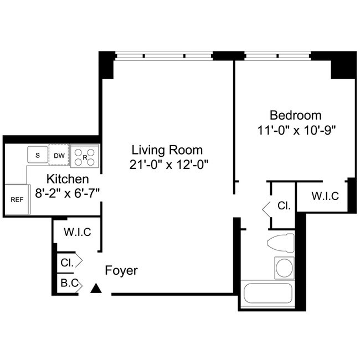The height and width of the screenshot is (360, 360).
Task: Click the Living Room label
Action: (x=167, y=150)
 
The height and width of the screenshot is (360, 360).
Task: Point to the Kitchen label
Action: (x=67, y=179)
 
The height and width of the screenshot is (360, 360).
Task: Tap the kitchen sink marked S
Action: (x=38, y=155)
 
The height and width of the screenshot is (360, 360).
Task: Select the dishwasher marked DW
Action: (x=59, y=155)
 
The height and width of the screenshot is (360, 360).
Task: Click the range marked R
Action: (x=85, y=156)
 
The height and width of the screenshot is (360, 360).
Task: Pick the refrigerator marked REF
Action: (x=17, y=199)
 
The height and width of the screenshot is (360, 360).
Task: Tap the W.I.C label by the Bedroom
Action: (x=325, y=196)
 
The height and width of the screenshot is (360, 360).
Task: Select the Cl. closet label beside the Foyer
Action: (x=68, y=261)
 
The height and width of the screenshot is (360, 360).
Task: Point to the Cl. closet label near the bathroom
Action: (x=284, y=206)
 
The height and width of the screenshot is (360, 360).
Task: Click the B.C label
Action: (x=69, y=284)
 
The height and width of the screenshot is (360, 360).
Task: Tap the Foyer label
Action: (x=121, y=271)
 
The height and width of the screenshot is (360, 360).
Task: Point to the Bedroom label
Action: (x=295, y=115)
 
